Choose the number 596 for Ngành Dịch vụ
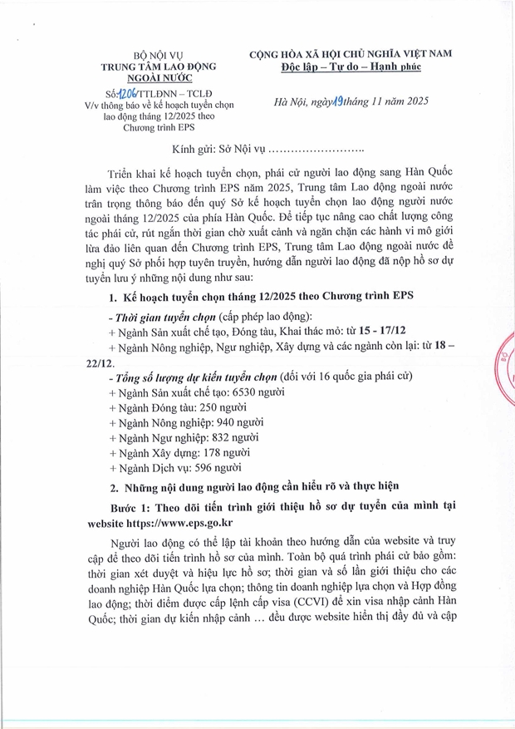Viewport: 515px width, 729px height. (199, 469)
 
